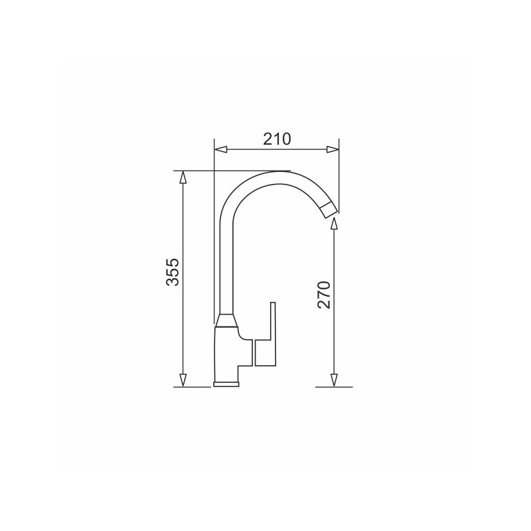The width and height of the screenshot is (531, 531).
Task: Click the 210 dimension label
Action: tap(277, 139)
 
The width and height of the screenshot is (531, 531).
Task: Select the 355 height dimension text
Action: tap(173, 272)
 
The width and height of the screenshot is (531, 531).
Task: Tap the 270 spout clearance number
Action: tap(324, 295)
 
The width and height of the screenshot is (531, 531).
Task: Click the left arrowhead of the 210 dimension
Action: tap(221, 149)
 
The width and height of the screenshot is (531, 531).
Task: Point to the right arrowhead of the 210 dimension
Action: tap(333, 149)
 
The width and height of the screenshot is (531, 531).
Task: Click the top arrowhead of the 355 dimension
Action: tap(183, 177)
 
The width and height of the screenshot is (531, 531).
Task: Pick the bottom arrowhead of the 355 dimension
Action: tap(183, 380)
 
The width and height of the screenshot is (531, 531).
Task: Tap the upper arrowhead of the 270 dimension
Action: tap(334, 224)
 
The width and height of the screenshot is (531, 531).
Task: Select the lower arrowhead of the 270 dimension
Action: tap(334, 380)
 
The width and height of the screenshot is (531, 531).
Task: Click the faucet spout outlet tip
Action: tap(329, 210)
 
